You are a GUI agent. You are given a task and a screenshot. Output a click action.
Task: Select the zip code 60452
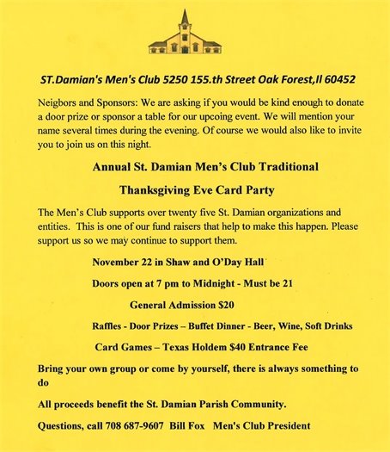tap(337, 79)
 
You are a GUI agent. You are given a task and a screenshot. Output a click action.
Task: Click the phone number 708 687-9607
tap(137, 425)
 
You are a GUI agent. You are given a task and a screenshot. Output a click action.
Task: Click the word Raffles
tap(109, 326)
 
